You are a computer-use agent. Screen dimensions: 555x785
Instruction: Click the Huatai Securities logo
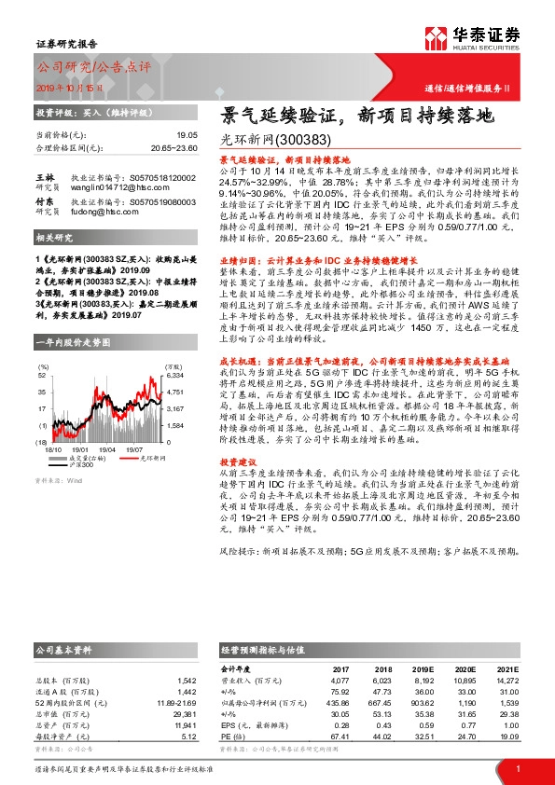point(475,37)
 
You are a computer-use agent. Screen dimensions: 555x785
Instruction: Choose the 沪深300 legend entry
point(107,463)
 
